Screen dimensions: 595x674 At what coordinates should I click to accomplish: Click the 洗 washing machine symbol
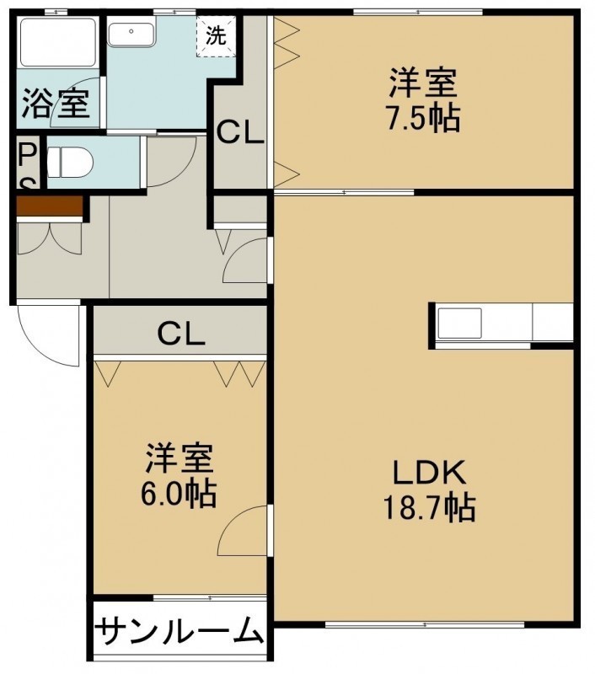coord(216,36)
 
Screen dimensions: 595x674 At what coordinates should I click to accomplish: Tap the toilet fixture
coord(70,163)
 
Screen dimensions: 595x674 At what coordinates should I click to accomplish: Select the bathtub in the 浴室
coord(58,42)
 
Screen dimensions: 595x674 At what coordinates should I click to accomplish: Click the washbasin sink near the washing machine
coord(131,35)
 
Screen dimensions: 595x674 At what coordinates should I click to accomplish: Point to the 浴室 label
coord(56,104)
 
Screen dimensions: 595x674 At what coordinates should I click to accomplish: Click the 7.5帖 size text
coord(423,117)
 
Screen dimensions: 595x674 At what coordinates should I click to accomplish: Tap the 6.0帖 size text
coord(179,494)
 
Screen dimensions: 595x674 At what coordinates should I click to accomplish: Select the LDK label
coord(429,472)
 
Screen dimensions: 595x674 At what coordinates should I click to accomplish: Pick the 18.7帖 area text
coord(429,508)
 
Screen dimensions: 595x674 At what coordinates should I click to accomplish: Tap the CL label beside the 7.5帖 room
coord(239,133)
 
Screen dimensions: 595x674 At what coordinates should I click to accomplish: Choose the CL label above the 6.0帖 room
coord(180,334)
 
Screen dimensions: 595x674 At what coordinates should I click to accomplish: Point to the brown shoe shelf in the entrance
coord(50,206)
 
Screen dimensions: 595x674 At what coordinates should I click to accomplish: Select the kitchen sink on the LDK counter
coord(459,324)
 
